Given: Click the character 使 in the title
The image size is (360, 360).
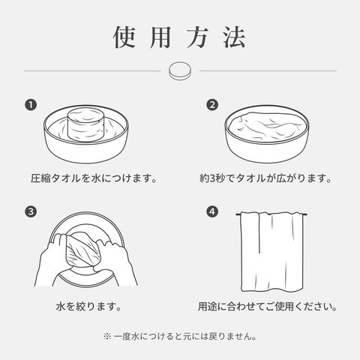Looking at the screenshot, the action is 125,37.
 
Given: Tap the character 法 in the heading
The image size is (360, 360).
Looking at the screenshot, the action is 235,37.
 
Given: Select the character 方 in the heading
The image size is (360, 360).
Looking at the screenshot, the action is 198,37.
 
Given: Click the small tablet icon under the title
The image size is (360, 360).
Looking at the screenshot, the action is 180,70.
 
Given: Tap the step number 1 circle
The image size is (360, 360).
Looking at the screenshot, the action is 31,105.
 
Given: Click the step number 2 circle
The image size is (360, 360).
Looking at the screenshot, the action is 212,105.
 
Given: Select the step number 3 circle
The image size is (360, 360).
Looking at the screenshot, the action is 31,211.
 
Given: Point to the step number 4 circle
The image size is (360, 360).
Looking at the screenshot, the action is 212,211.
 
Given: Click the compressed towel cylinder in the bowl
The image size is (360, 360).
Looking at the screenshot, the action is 86,124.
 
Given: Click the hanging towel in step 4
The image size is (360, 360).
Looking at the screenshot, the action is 271,252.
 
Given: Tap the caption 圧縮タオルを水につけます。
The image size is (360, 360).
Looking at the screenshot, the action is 94,178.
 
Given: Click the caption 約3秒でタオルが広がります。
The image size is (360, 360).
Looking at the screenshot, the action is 265,178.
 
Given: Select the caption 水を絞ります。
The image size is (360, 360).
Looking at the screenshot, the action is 88,307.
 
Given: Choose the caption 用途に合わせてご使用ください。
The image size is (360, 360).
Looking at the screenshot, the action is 268,307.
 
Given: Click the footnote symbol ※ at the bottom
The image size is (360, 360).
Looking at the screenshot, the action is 107,336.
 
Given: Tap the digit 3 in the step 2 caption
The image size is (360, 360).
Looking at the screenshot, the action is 211,178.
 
